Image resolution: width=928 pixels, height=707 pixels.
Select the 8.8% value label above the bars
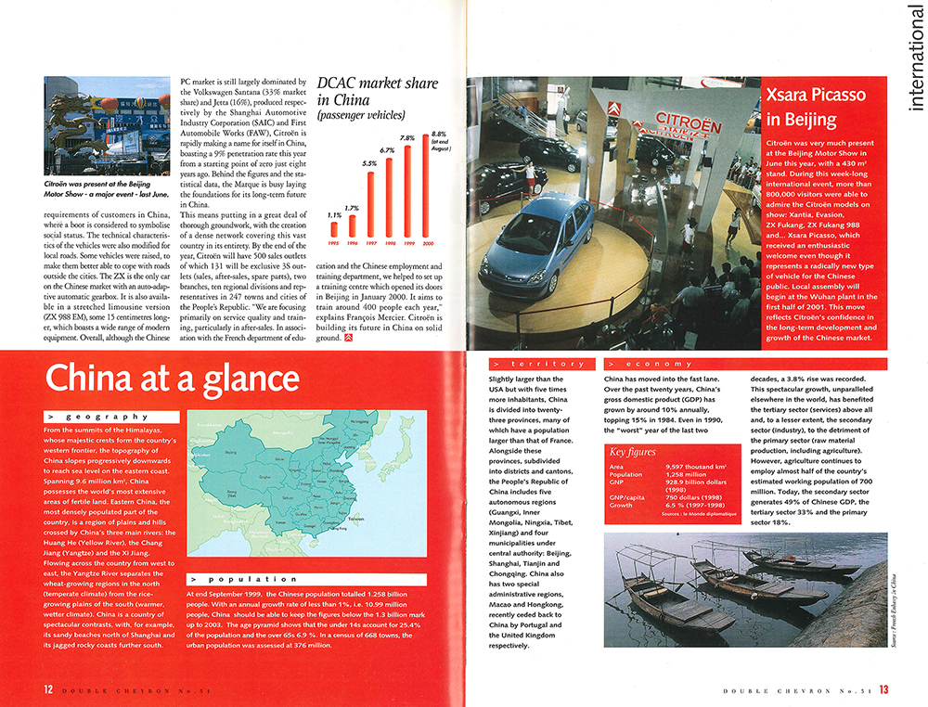pyautogui.click(x=440, y=137)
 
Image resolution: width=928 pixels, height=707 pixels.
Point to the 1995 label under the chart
pyautogui.click(x=335, y=245)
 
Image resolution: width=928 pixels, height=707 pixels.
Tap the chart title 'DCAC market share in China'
pyautogui.click(x=377, y=91)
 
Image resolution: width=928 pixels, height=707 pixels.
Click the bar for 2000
pyautogui.click(x=428, y=191)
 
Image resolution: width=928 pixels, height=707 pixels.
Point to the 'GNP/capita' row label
pyautogui.click(x=626, y=496)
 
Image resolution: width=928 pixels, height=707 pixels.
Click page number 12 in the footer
pyautogui.click(x=47, y=689)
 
